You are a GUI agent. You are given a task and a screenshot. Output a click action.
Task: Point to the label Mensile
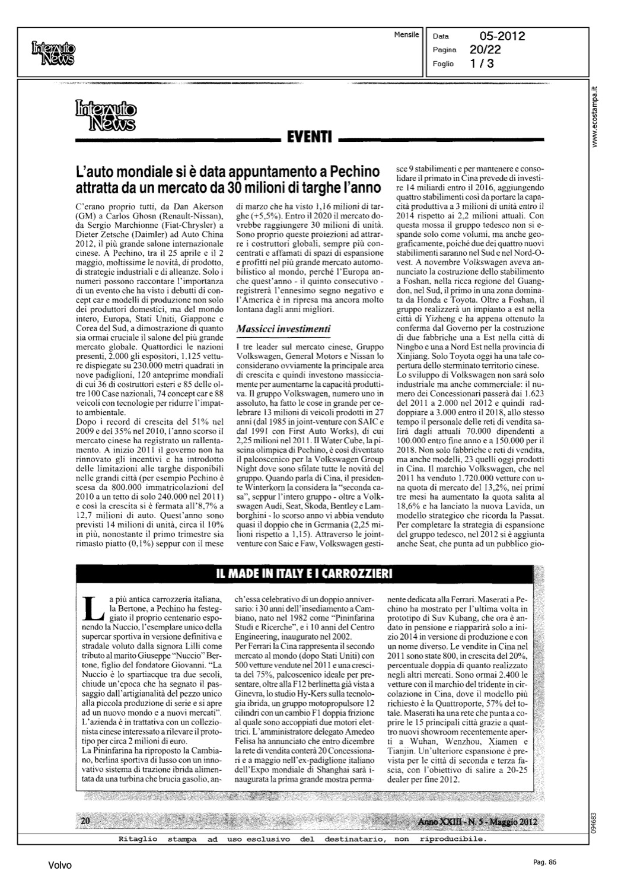click(x=406, y=34)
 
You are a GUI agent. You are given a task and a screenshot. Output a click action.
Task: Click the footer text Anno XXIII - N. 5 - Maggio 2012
click(x=477, y=821)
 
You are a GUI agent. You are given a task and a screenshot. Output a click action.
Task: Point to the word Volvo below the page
click(x=60, y=866)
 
